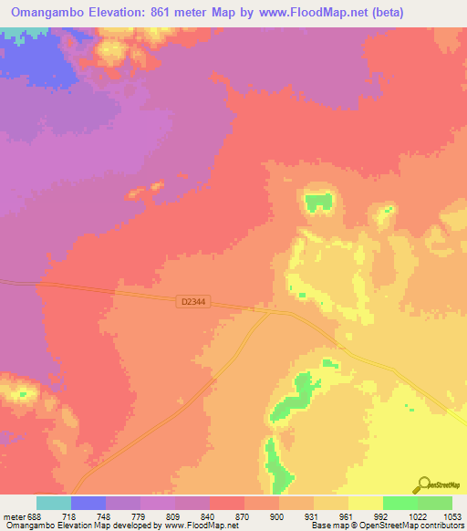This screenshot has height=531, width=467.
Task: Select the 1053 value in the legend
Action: pos(452,515)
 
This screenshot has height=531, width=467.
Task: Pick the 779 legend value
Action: pos(123,515)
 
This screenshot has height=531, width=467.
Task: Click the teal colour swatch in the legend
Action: pos(54,503)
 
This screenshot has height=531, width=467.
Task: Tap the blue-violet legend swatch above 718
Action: pos(88,503)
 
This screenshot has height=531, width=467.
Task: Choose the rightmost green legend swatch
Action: pos(435,503)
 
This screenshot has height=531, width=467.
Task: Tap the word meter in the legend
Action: pos(16,515)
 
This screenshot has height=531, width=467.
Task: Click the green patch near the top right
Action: pos(318,202)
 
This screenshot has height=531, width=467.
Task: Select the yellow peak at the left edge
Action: pos(20,394)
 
